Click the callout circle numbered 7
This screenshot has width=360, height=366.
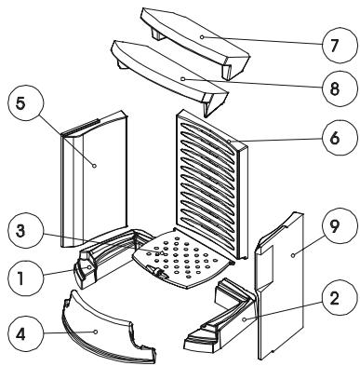pos(338,46)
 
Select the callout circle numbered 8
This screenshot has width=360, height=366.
pos(338,89)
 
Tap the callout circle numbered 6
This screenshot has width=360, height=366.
pos(338,137)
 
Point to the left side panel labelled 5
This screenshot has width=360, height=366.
pos(93,180)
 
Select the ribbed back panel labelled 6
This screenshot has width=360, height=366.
pos(211,183)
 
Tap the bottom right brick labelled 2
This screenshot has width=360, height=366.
pos(221,315)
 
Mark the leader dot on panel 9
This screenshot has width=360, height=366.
pos(292,255)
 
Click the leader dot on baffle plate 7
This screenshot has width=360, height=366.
pos(202,37)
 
